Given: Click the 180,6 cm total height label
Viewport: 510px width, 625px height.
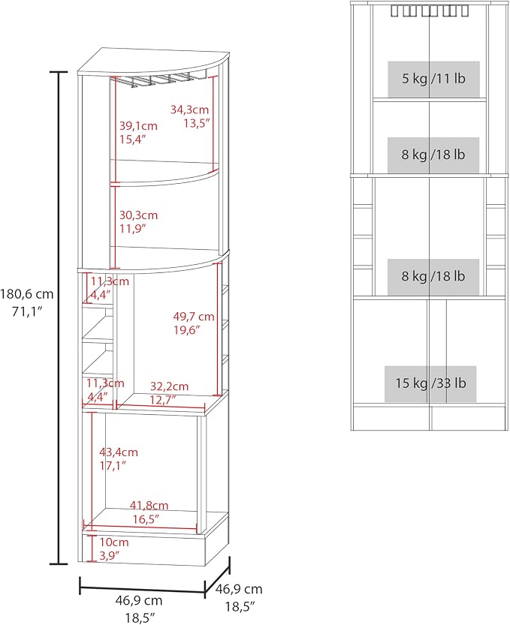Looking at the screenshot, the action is point(27,295).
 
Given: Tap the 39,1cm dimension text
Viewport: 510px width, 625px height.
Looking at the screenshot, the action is point(138,126).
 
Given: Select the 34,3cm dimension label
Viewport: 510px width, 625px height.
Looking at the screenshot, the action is point(189,110).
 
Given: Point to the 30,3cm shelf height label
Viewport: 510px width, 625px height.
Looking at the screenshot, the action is point(138,215).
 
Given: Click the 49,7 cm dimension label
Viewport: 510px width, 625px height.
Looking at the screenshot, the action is point(194,317).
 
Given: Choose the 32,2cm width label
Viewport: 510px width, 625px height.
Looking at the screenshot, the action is point(169,386).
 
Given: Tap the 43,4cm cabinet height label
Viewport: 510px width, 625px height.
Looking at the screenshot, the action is point(119,452).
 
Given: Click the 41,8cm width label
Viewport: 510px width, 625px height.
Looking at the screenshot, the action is point(149,506).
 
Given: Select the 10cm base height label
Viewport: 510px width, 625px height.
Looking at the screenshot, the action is point(114,542).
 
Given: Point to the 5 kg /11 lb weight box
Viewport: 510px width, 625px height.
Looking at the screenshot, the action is point(433,79).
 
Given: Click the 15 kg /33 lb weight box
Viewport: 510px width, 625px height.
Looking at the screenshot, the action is point(430,384).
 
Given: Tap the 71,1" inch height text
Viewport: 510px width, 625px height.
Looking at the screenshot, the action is point(27,311).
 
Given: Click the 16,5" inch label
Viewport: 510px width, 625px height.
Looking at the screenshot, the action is point(146,519).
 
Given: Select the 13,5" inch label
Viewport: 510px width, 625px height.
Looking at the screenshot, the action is point(196,123).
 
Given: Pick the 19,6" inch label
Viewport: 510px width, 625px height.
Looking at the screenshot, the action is point(186,330).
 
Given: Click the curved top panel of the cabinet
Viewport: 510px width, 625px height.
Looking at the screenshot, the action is point(154,62).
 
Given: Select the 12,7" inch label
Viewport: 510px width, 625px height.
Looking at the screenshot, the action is point(163,400).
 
